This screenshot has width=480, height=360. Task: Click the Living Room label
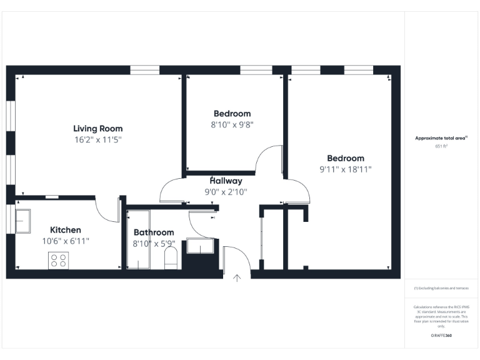point(97,129)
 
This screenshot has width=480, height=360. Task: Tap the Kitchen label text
point(66,230)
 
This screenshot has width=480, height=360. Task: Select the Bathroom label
point(154,232)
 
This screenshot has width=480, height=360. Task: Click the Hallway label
point(226,181)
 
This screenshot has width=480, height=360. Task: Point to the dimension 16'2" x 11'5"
point(97,140)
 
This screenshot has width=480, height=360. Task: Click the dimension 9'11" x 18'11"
point(346,169)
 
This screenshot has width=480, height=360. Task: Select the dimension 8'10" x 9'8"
point(232,124)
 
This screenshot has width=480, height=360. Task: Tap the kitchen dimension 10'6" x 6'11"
point(66,241)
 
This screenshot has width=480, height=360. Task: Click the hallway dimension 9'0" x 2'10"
point(226,192)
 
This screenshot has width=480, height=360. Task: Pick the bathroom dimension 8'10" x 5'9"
point(154,244)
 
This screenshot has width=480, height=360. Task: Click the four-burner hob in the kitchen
point(58,260)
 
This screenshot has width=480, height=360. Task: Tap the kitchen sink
point(26,220)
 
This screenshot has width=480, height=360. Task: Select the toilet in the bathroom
point(171,258)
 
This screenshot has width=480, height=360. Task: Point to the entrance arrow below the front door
point(237,277)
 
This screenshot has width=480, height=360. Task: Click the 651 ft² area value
point(441,146)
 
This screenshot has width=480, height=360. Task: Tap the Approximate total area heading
point(441,138)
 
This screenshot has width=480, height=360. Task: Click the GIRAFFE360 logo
point(441,336)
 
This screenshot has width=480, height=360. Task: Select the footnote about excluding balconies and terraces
point(441,288)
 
